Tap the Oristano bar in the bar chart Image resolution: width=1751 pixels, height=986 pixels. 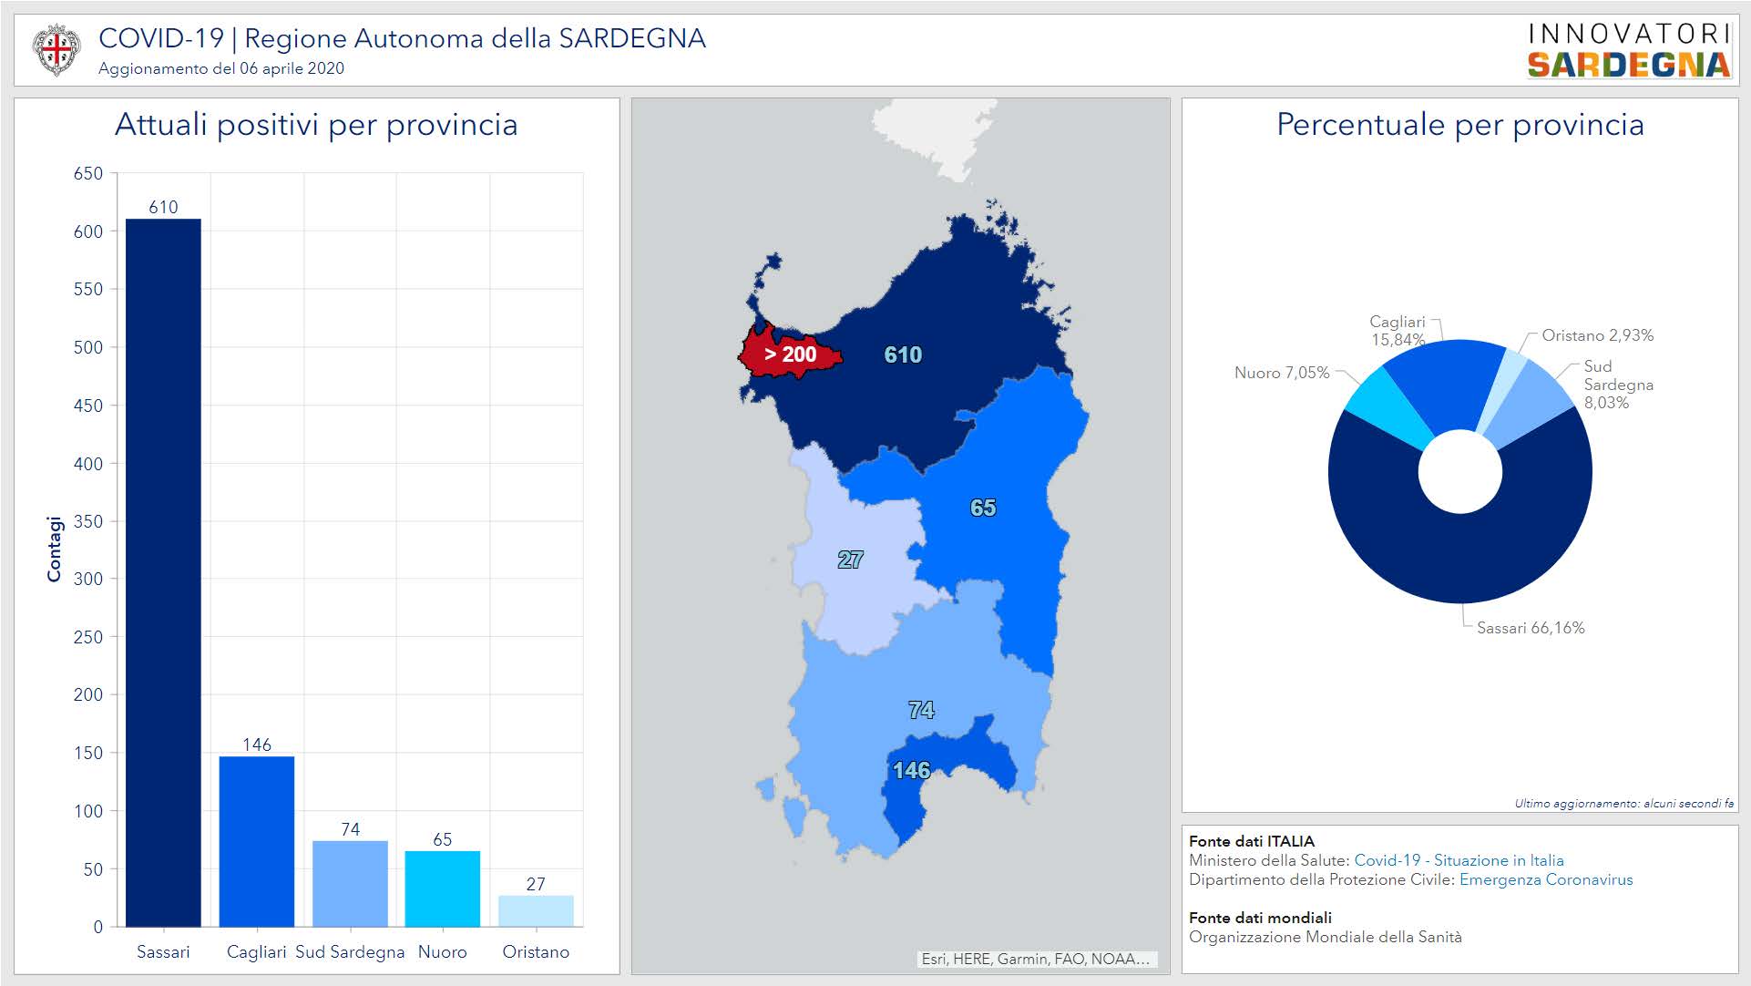pos(536,910)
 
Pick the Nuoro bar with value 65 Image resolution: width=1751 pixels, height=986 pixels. pos(442,888)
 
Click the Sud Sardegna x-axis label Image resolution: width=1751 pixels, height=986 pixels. pos(350,952)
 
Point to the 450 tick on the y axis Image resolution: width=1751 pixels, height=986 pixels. pos(88,406)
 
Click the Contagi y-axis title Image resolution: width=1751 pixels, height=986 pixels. pos(55,549)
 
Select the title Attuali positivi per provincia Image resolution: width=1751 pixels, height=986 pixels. pos(316,125)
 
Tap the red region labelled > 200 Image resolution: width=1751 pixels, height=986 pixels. pos(790,354)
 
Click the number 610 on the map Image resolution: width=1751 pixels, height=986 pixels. pos(903,354)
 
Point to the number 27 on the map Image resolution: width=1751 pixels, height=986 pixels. pos(850,560)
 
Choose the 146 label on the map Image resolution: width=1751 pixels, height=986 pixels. pos(911,771)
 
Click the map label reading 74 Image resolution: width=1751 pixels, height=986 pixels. pos(921,710)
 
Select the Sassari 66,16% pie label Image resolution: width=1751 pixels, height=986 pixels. pos(1531,628)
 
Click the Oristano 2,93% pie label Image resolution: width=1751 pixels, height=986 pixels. pos(1597,335)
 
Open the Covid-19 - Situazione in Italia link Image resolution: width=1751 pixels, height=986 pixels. pos(1459,860)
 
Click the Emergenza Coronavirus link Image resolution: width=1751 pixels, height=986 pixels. pos(1546,879)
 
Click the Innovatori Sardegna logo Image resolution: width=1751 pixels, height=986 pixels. pos(1629,50)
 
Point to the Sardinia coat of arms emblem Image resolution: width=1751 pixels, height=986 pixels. pos(56,49)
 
